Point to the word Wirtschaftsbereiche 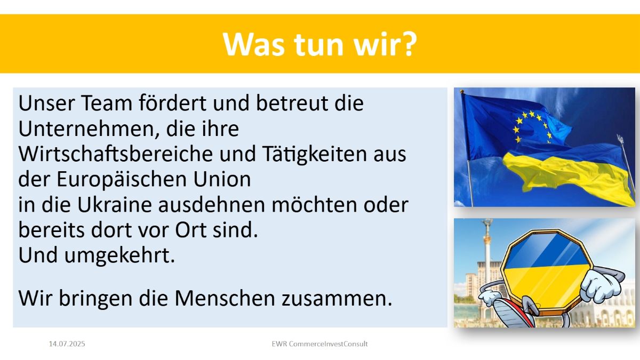pyautogui.click(x=116, y=154)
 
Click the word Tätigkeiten pyautogui.click(x=314, y=155)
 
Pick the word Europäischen pyautogui.click(x=122, y=180)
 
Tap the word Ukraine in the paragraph pyautogui.click(x=114, y=205)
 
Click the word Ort pyautogui.click(x=190, y=230)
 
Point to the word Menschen pyautogui.click(x=225, y=298)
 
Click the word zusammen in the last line pyautogui.click(x=334, y=299)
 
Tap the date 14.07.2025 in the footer pyautogui.click(x=67, y=343)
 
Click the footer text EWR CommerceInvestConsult pyautogui.click(x=319, y=343)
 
